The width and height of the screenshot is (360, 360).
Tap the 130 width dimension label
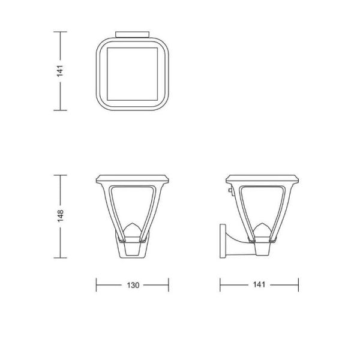(x=133, y=285)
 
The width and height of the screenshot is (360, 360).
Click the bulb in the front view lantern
(x=133, y=230)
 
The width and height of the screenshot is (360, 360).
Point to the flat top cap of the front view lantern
(x=133, y=179)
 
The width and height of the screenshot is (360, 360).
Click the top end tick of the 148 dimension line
(x=59, y=175)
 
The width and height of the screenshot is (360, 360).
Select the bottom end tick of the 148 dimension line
(x=59, y=258)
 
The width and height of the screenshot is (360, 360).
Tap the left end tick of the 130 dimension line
(x=97, y=285)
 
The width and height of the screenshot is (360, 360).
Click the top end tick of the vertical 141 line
(x=59, y=31)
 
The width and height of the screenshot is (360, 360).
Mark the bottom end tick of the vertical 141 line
(x=59, y=110)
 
